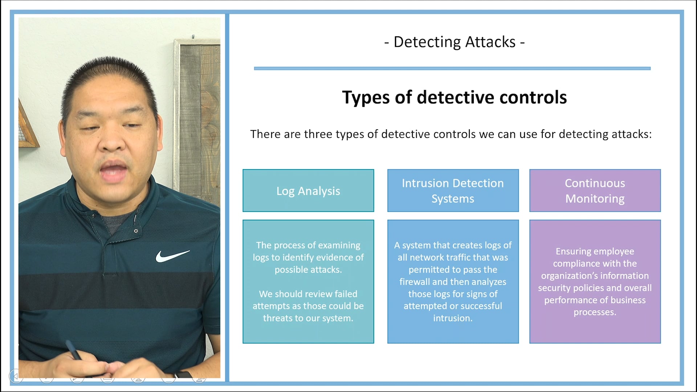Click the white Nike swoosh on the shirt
click(172, 256)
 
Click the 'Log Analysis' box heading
click(308, 191)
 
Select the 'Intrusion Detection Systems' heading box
click(453, 191)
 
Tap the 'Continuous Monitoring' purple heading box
click(595, 191)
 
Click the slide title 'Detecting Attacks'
click(454, 42)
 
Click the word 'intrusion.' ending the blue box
click(453, 318)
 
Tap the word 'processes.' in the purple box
click(595, 312)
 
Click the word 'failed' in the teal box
click(346, 294)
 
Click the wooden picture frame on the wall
click(198, 109)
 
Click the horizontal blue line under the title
click(452, 68)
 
